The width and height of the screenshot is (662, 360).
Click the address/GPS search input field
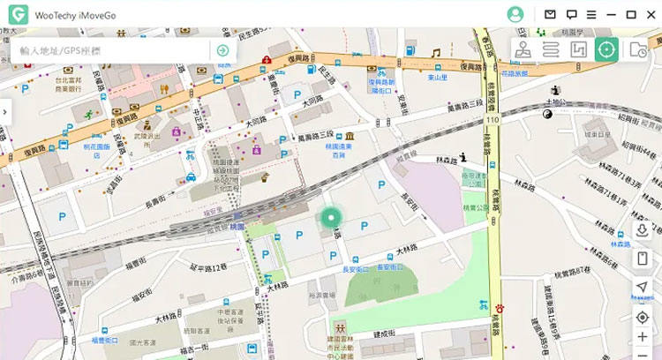tap(110, 50)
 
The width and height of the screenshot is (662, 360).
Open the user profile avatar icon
tap(515, 14)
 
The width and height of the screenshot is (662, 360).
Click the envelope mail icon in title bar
tap(550, 14)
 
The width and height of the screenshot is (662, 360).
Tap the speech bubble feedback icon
tap(571, 14)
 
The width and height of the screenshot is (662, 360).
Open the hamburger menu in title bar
tap(591, 14)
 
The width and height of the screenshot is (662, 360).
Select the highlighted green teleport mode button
tap(606, 49)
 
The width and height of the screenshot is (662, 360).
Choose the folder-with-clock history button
tap(637, 49)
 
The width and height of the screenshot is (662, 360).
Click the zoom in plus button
tap(642, 336)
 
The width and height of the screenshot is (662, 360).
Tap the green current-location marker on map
tap(330, 219)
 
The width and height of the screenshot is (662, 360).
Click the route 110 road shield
tap(491, 118)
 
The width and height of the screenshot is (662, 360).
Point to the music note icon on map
tap(435, 53)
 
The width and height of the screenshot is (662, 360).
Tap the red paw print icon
tap(500, 308)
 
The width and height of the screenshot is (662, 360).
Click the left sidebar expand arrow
tap(5, 112)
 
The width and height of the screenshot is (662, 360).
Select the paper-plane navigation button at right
tap(642, 288)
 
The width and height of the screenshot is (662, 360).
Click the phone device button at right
tap(642, 259)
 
